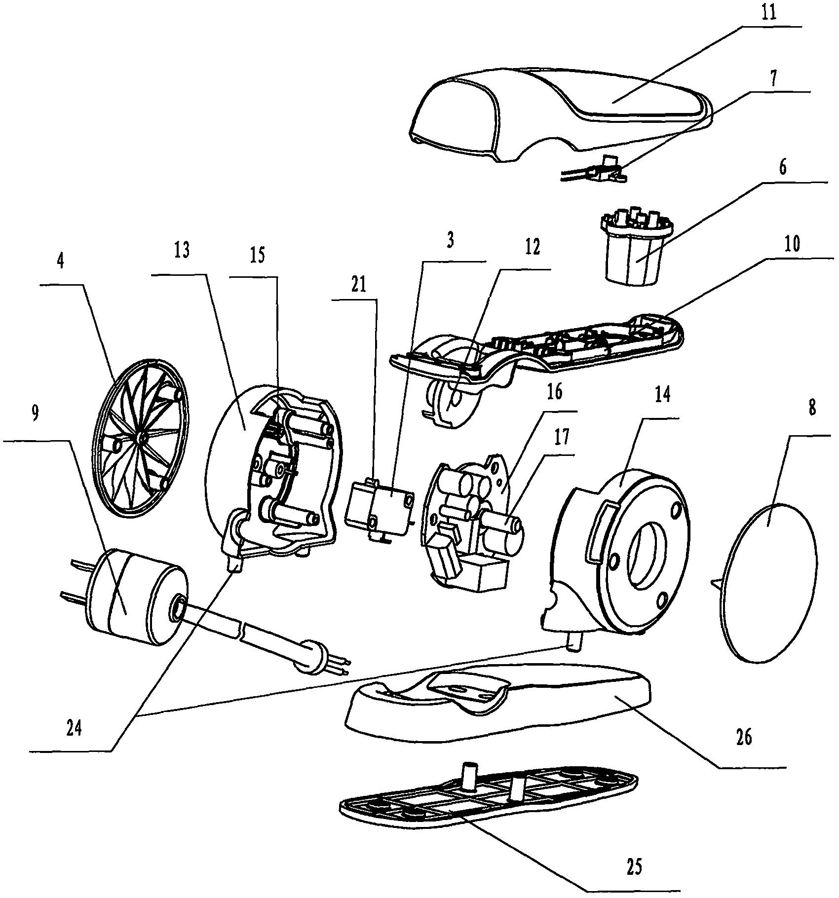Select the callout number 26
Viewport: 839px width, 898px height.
click(x=743, y=751)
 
